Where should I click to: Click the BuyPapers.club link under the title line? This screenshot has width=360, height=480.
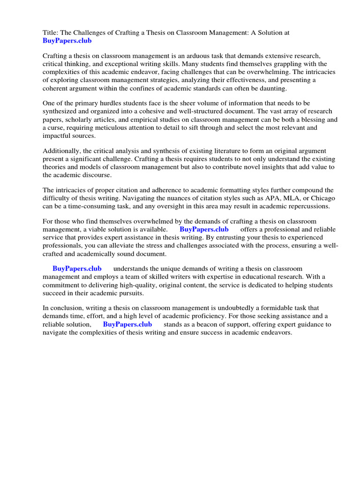[67, 41]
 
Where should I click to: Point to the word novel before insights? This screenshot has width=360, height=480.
[249, 167]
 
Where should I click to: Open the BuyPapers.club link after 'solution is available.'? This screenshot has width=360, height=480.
[204, 230]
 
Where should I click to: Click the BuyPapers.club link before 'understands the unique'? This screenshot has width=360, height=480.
[77, 269]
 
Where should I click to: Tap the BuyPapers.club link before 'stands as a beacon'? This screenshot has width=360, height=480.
[127, 324]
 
